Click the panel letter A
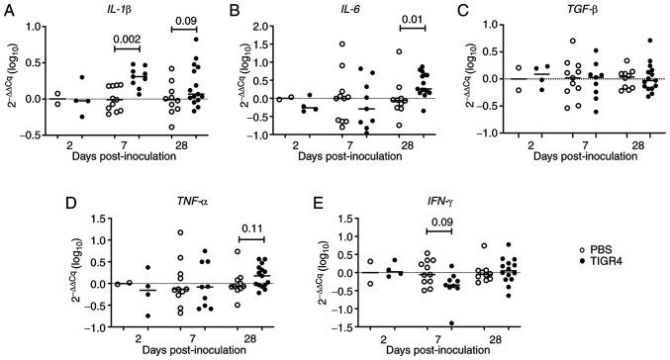pos(8,8)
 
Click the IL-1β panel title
pos(123,11)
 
